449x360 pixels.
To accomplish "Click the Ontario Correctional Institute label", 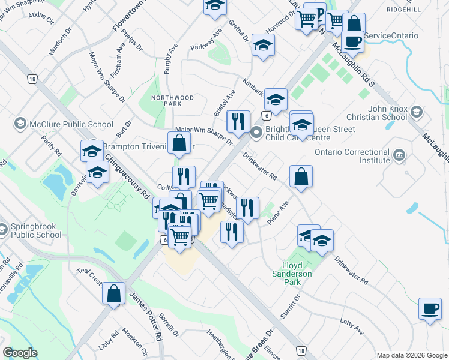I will [348, 157].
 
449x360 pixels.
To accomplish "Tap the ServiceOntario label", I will [391, 36].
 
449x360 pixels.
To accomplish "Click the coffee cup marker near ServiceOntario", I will [354, 40].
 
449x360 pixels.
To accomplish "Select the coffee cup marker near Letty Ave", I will [430, 308].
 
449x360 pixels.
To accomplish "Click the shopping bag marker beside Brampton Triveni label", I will [179, 143].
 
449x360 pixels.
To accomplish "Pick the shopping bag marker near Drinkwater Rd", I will [301, 176].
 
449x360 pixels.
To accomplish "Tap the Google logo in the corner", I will [20, 353].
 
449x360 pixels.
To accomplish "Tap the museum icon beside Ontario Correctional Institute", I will [399, 156].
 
